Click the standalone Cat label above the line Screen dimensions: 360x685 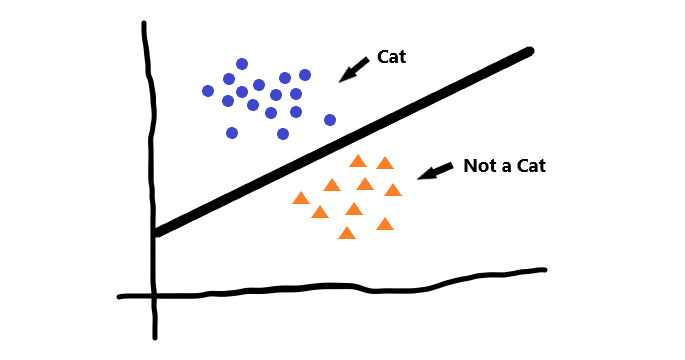tap(391, 57)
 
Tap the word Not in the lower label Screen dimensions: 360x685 tap(480, 166)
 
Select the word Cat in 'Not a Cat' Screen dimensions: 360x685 tap(530, 166)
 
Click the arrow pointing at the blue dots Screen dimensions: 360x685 tap(354, 69)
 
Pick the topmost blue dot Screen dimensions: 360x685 tap(242, 64)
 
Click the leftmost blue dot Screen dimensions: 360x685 tap(208, 91)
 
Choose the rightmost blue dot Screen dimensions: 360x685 tap(330, 120)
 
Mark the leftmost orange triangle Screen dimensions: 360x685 tap(299, 198)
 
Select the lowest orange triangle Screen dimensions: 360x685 tap(347, 233)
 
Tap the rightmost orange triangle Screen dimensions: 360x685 tap(393, 190)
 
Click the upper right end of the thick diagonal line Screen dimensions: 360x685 tap(529, 52)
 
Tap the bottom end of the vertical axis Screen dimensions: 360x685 tap(156, 337)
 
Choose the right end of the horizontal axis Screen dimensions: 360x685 tap(545, 269)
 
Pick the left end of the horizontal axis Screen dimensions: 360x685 tap(119, 296)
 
